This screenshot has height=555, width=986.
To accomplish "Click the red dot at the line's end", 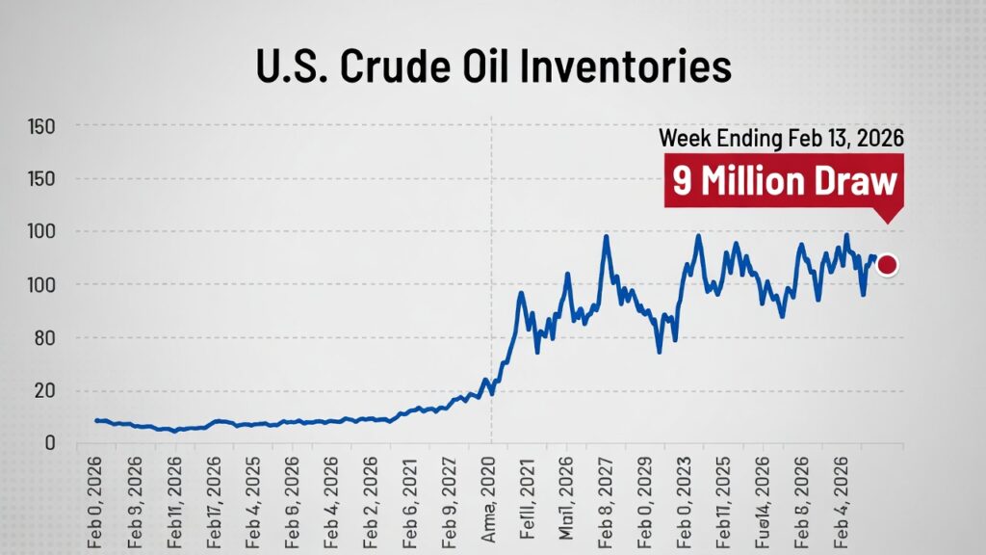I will [x=887, y=265].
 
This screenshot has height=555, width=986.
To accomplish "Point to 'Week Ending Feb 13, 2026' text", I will [x=781, y=138].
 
